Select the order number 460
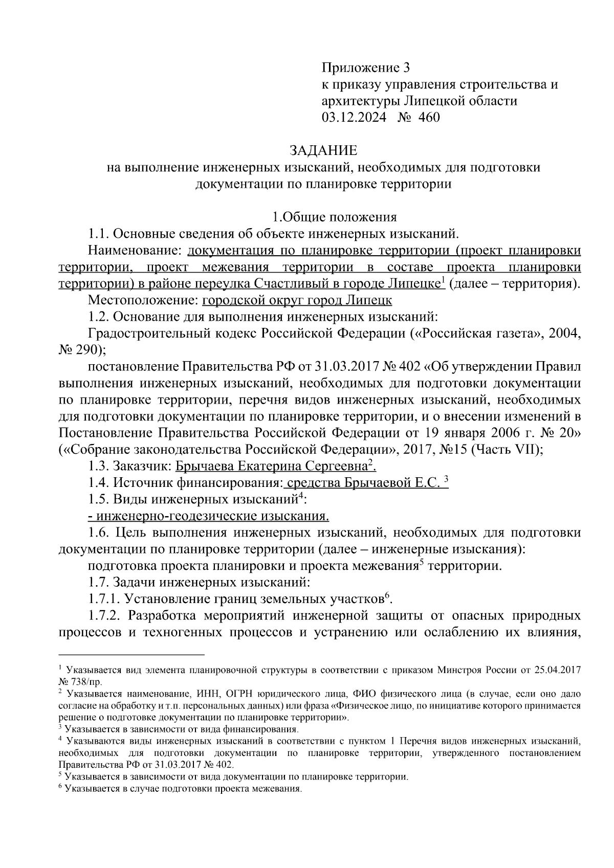click(429, 118)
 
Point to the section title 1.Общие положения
click(334, 217)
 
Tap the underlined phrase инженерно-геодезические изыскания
click(209, 516)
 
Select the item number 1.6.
click(99, 532)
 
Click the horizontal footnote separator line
click(131, 654)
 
